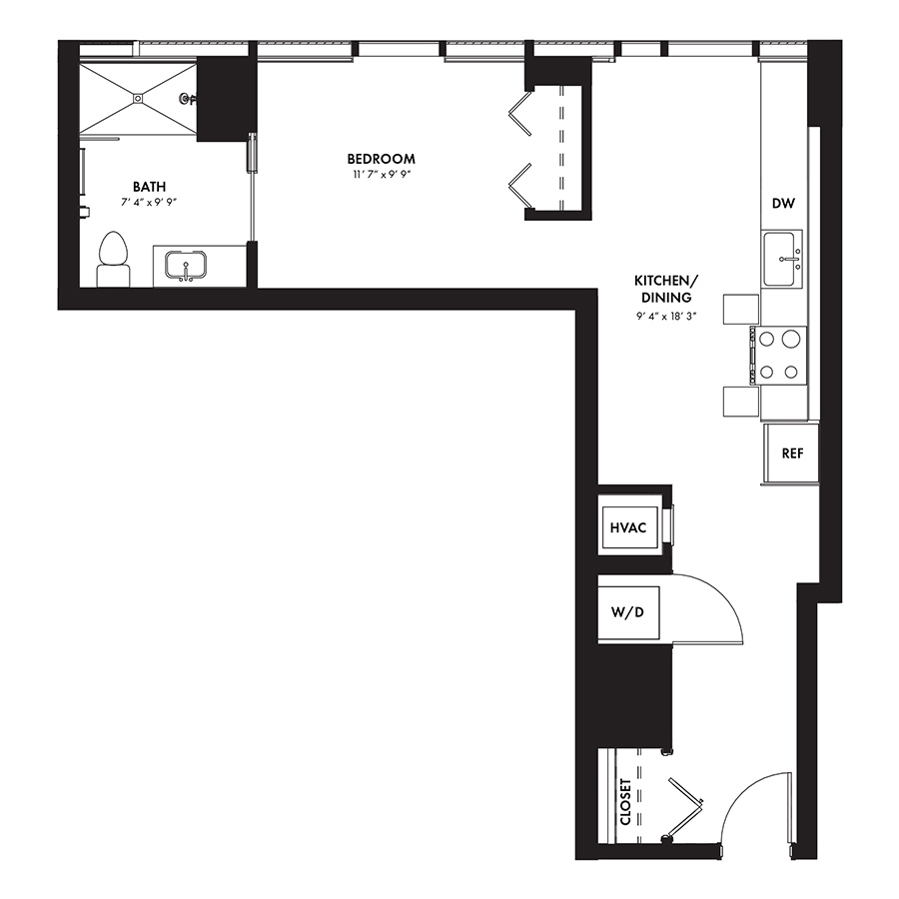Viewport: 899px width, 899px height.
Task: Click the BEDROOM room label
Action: click(381, 159)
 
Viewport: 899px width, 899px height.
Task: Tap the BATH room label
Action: click(149, 187)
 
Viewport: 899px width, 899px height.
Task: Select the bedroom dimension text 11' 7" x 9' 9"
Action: click(381, 174)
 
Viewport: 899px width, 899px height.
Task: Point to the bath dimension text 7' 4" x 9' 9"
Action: click(149, 203)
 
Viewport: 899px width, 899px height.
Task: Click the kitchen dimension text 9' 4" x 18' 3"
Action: click(666, 316)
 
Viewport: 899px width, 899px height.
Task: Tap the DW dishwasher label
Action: click(783, 203)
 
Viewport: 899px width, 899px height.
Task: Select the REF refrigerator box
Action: click(791, 453)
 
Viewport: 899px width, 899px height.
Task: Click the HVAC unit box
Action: click(629, 527)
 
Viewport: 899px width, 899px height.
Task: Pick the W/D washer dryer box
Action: click(628, 612)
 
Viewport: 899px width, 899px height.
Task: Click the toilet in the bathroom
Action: click(113, 259)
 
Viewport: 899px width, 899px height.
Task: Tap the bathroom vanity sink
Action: click(186, 266)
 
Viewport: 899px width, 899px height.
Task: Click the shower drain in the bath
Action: click(138, 98)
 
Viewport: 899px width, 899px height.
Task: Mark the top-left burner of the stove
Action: click(766, 340)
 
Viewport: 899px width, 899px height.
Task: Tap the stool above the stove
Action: click(741, 310)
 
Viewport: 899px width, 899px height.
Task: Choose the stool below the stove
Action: click(741, 402)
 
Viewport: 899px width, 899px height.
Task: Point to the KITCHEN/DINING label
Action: click(666, 289)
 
